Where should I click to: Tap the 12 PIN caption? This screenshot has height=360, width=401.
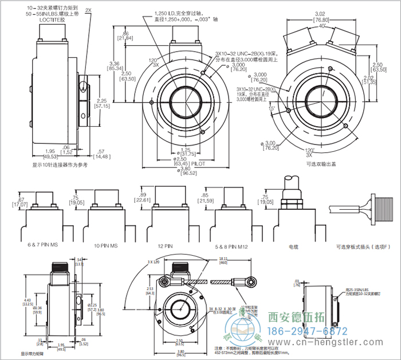[x=166, y=245]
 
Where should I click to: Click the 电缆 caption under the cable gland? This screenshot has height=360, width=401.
[x=293, y=246]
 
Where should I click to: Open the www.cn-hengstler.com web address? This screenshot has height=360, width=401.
[x=327, y=343]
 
